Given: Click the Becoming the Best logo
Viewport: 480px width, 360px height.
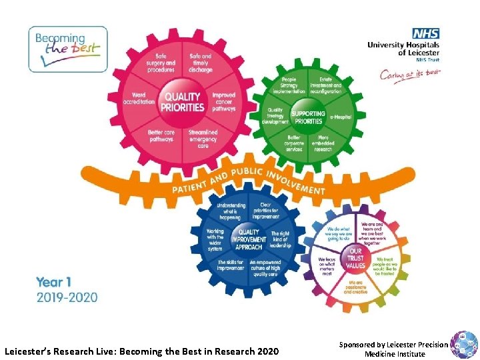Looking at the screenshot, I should pos(67,49).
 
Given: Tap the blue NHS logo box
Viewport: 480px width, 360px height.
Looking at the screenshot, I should pos(425,33).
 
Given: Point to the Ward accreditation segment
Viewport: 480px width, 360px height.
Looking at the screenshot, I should pos(139,99).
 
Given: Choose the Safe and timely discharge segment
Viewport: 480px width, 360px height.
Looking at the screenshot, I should pos(201,63).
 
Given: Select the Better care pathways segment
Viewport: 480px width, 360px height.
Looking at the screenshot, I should pos(161,136).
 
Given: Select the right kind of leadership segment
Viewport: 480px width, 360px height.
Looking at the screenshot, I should pos(281,239).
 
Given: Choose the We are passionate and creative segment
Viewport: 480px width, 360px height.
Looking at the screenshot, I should pos(355,287).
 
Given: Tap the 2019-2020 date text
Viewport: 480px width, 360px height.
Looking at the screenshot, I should pos(67,297).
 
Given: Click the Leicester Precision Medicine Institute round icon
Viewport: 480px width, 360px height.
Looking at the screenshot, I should pos(463,345).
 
